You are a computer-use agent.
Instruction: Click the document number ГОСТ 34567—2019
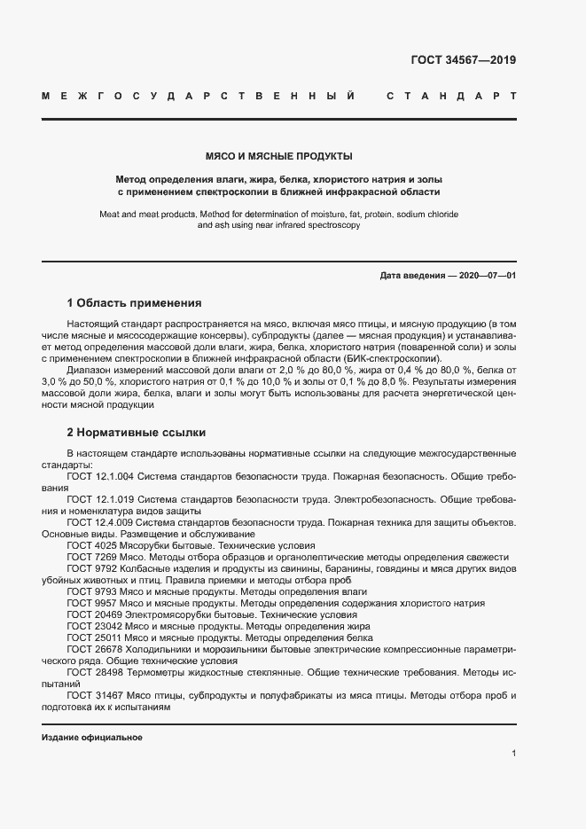tap(463, 61)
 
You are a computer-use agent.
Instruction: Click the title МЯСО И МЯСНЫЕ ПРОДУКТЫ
tap(279, 156)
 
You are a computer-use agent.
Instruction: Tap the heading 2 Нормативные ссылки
tap(137, 433)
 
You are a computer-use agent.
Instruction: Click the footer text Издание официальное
tap(92, 738)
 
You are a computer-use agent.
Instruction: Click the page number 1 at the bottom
tap(513, 754)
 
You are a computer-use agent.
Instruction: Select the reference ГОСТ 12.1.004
tap(99, 476)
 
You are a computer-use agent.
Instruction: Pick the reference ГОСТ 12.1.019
tap(99, 500)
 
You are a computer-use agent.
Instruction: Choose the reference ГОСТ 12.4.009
tap(99, 523)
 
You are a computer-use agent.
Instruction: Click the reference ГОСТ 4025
tap(87, 546)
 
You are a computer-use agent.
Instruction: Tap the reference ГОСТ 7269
tap(87, 557)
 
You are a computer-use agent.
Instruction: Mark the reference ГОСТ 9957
tap(87, 603)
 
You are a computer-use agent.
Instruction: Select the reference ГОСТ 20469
tap(90, 614)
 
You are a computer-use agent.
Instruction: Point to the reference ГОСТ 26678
tap(90, 649)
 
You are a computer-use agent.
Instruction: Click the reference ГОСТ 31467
tap(90, 696)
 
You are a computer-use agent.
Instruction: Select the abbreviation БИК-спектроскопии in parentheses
tap(395, 360)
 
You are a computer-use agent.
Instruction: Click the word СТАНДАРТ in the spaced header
tap(451, 95)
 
